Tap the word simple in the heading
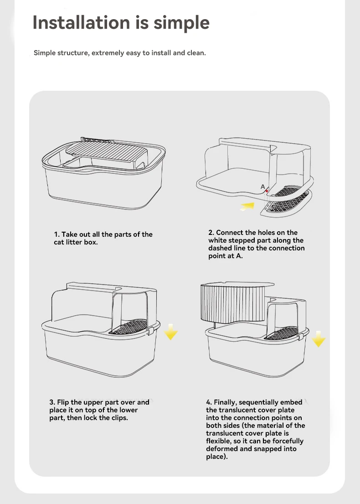coord(181,23)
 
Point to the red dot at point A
coord(267,191)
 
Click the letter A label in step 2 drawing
coord(262,187)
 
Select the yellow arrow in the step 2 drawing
coord(247,206)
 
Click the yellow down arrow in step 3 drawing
coord(171,332)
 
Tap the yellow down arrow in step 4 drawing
coord(318,339)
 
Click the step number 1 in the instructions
coord(57,234)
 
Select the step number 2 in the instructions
coord(211,233)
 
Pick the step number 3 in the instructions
coord(52,402)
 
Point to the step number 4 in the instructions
coord(209,402)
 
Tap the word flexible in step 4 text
coord(218,441)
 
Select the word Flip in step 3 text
coord(63,402)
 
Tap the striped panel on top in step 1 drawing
coord(107,152)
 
